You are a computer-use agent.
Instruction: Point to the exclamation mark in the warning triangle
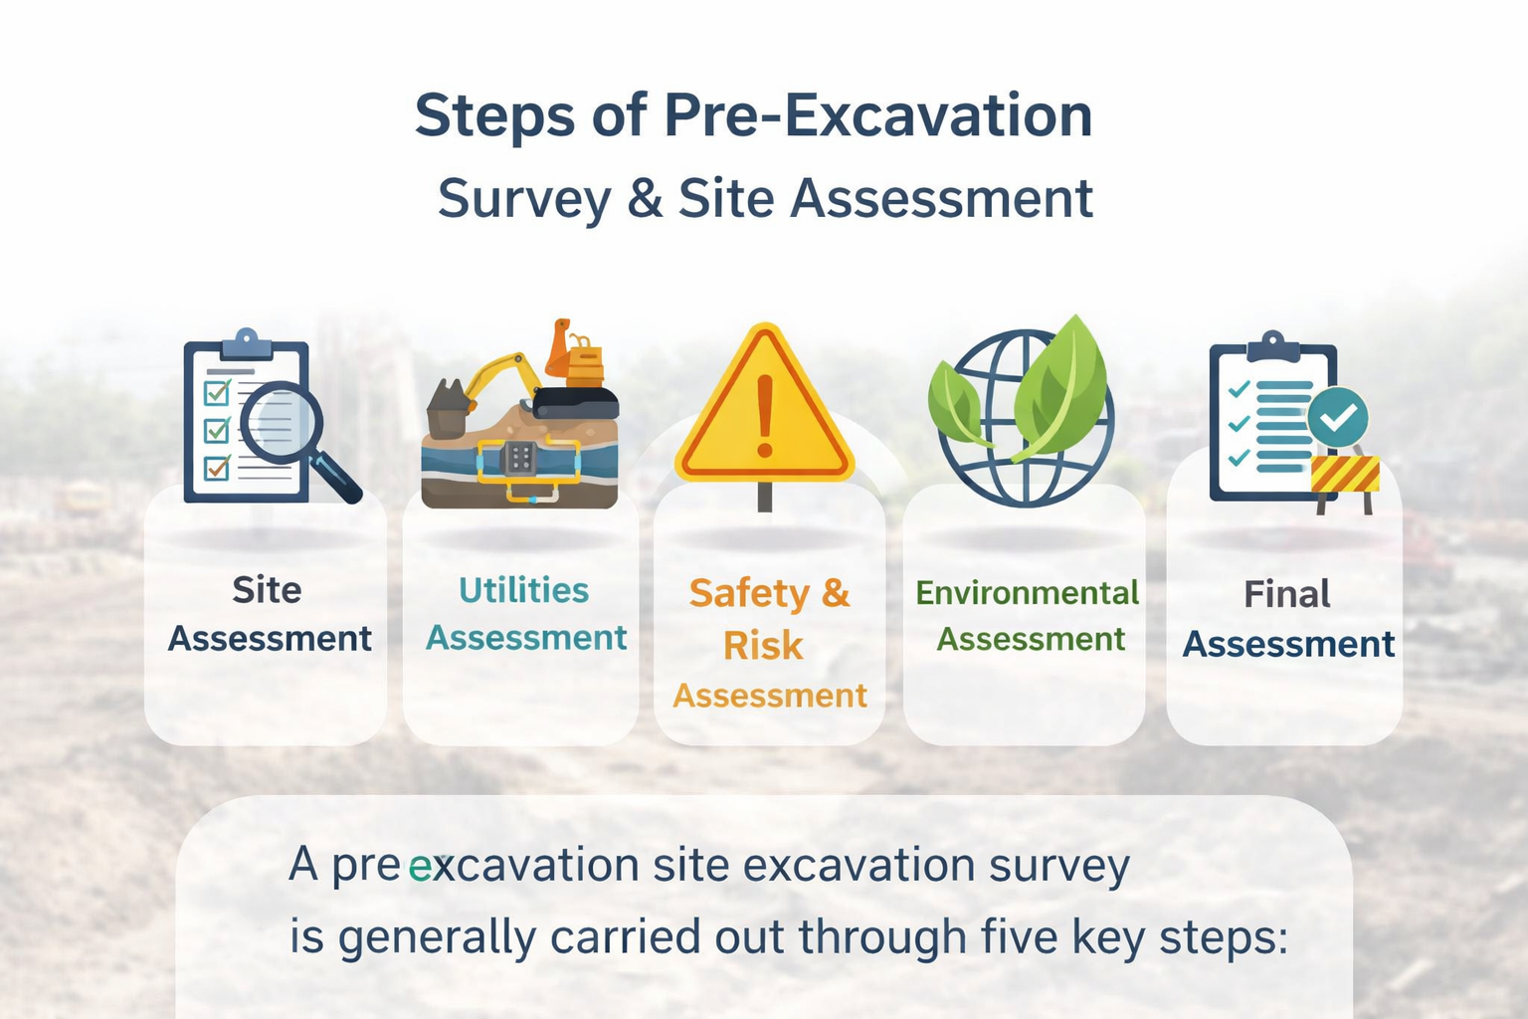pos(765,416)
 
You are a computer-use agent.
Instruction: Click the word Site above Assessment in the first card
pos(267,590)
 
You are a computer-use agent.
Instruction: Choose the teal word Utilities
pos(523,590)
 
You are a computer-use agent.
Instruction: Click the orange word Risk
pos(763,645)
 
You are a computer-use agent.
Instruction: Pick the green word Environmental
pos(1028,592)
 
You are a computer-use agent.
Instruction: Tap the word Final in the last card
pos(1286,594)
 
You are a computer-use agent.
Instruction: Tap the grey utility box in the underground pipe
pos(520,458)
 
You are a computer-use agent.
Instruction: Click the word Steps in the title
pos(495,116)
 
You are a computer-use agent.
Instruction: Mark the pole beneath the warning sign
pos(765,497)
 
